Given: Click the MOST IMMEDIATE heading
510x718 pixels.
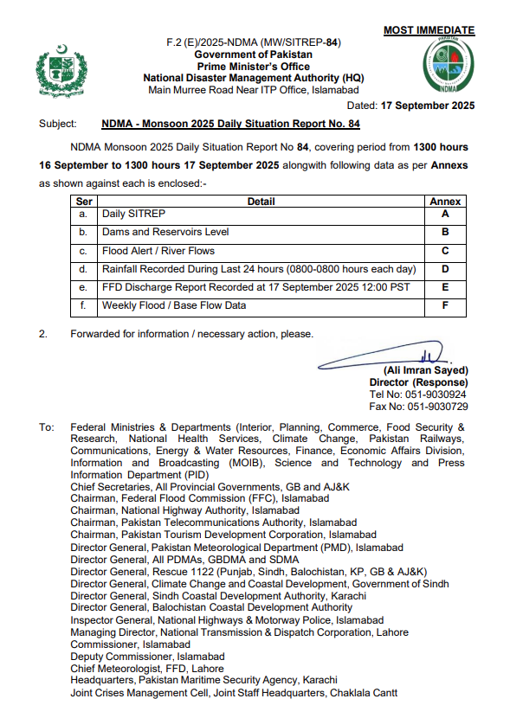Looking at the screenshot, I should point(429,30).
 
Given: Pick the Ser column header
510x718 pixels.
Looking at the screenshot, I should point(84,202).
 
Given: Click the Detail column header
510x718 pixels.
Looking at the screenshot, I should point(261,202).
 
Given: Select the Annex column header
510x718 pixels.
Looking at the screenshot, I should point(445,202).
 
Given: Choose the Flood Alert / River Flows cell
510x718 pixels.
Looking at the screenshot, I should point(158,252).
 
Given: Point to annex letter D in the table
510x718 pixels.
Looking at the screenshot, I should point(445,270).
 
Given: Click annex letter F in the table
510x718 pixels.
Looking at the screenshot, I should point(445,305).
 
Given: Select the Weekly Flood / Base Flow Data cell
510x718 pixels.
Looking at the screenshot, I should point(174,305).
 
